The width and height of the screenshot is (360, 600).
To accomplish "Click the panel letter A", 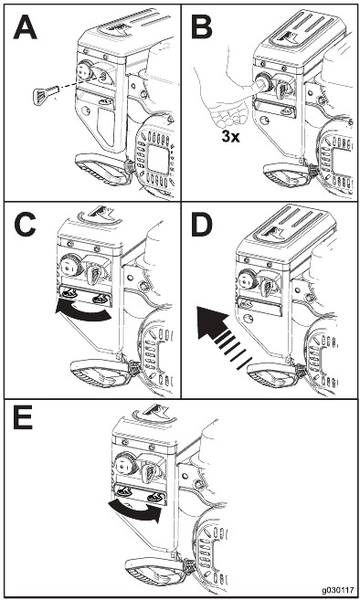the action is click(x=26, y=28).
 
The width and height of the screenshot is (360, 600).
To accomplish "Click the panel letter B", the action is click(x=202, y=28).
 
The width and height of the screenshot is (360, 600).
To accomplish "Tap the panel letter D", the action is click(x=201, y=226).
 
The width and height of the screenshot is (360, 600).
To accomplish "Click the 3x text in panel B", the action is click(x=231, y=136).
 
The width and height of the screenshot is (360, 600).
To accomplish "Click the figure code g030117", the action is click(x=337, y=590).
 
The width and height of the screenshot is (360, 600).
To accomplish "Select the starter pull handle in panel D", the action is click(x=275, y=374).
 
